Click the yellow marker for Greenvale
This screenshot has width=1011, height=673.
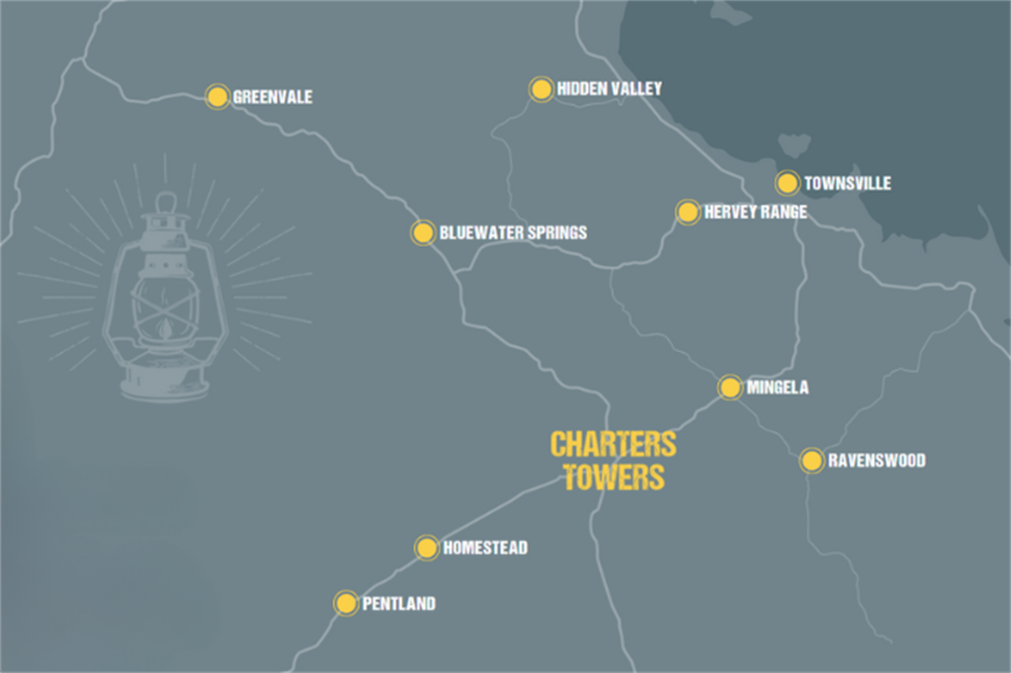point(217,96)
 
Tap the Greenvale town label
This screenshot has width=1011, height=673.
point(272,96)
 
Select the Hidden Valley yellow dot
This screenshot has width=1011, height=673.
point(541,89)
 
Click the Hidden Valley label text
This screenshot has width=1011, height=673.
point(609,88)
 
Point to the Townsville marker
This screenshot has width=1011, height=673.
point(787,183)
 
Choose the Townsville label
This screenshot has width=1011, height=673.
point(847,183)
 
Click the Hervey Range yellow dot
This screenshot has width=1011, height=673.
point(688,212)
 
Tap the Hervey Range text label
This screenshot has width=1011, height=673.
point(755,212)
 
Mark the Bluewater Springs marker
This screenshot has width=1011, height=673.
point(423,232)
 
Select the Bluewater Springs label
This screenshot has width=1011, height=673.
point(513,232)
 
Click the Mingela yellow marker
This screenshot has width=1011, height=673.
point(730,387)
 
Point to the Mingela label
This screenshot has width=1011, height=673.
point(777,387)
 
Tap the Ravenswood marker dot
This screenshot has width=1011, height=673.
point(812,461)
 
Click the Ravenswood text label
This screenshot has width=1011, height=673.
point(876,461)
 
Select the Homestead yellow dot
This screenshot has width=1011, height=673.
point(427,548)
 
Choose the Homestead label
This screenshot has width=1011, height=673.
point(485,548)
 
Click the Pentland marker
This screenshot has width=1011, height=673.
point(346,603)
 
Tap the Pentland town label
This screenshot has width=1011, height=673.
point(399,604)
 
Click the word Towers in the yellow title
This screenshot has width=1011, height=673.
point(613,476)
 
